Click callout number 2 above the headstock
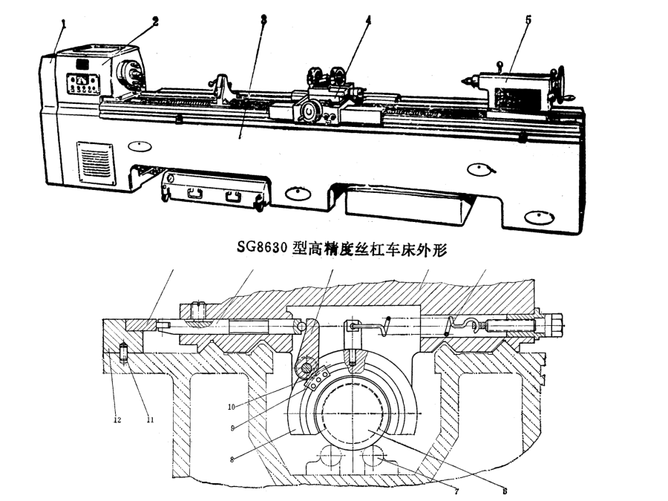coord(155,21)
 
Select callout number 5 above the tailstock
coord(528,20)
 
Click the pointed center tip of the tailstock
coord(465,79)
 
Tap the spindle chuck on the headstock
coord(131,74)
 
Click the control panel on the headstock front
coord(81,82)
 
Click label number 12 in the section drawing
coord(117,420)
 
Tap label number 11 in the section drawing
coord(149,420)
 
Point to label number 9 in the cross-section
coord(232,428)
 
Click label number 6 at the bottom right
coord(504,491)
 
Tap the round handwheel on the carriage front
coord(307,114)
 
